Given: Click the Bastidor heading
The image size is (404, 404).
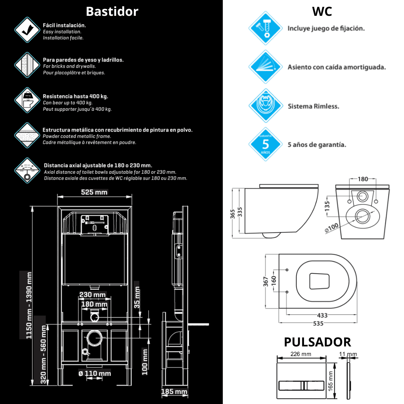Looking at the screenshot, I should point(112,11).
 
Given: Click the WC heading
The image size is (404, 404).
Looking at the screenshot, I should point(322,11).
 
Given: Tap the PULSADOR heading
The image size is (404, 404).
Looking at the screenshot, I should point(317,342).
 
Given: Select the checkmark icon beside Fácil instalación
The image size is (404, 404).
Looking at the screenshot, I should point(27,30).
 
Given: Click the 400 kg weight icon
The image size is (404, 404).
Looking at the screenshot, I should point(27,100).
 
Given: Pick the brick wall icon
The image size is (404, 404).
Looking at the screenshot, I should point(27,65).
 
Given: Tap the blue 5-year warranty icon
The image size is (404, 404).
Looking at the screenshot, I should point(265,144).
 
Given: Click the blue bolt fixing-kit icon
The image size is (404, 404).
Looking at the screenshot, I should point(265,28).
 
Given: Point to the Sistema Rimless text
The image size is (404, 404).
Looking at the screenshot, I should point(313,106).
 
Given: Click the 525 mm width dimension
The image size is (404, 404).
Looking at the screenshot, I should point(94,192).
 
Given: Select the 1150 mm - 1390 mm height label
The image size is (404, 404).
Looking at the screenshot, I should point(29,305).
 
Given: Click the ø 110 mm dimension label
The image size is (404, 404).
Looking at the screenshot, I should point(95,373).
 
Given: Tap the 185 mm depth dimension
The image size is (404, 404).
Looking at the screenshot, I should point(174,392).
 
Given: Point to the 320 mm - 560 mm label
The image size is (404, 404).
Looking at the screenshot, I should point(43,354).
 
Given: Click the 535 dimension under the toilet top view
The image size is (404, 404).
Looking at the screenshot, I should point(318,323).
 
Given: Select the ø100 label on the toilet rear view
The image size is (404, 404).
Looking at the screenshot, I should point(332,228).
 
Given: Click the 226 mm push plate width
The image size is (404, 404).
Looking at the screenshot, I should point(301,354).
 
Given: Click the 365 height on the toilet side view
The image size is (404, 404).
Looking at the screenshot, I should point(233,214).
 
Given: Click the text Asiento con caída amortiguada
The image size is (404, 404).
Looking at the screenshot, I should point(336,67).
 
